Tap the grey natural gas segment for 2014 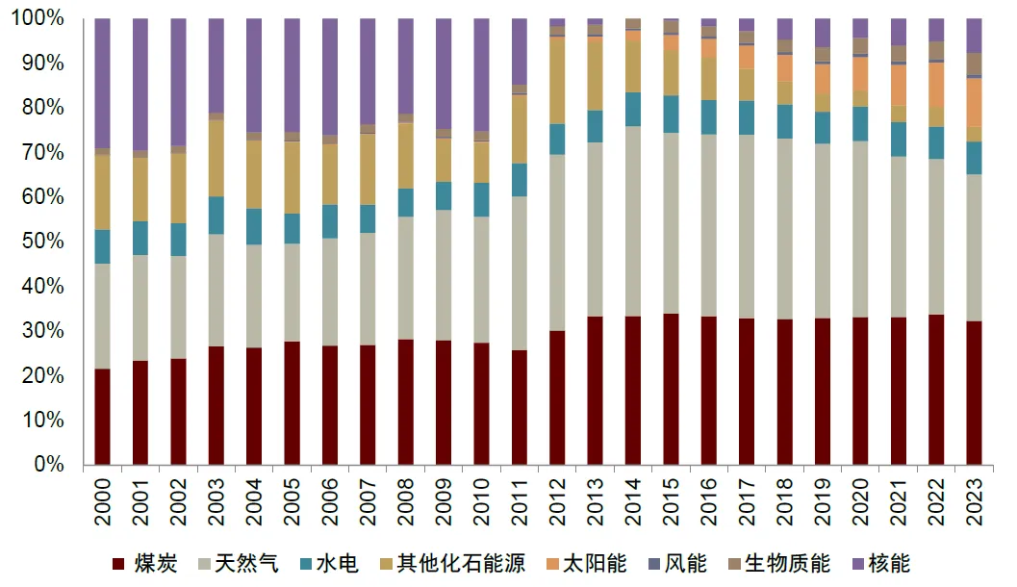pos(633,221)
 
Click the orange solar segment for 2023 pos(974,102)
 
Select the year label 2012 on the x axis pos(557,501)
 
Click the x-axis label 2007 pos(368,501)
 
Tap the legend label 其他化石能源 pos(461,563)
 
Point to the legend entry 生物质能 pos(780,563)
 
